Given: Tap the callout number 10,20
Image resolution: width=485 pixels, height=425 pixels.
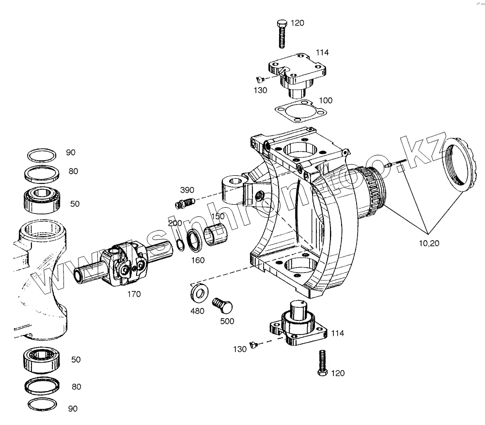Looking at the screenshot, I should [429, 243].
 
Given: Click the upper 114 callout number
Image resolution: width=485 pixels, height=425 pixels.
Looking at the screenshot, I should [322, 52].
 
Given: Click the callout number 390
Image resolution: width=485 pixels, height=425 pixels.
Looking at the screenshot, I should [187, 190].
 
